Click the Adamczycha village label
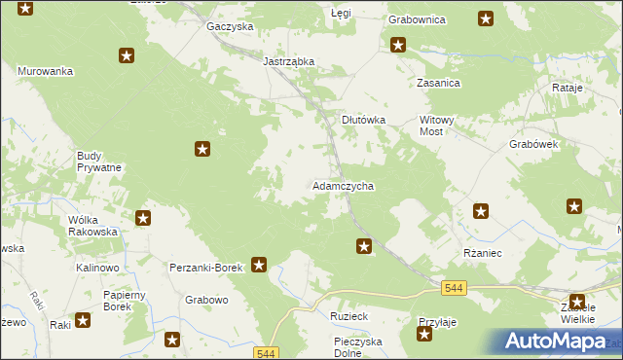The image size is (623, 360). (x=343, y=185)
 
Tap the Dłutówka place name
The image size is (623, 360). (x=364, y=120)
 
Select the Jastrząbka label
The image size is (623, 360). (x=289, y=60)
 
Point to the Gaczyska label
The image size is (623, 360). (x=230, y=26)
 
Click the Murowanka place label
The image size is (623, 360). (x=46, y=71)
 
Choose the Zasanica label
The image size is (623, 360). (x=438, y=84)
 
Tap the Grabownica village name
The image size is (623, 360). (x=417, y=18)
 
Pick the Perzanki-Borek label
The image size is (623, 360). (x=205, y=267)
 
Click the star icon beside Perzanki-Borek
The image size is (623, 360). (x=259, y=264)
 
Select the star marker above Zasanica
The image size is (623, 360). (x=398, y=44)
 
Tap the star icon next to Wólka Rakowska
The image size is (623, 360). (x=143, y=219)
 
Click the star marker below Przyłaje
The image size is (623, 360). (x=424, y=336)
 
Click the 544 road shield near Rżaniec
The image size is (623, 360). (x=453, y=287)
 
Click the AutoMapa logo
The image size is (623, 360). (x=554, y=342)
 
